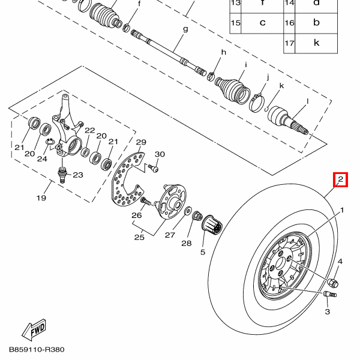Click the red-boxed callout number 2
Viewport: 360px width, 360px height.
(340, 179)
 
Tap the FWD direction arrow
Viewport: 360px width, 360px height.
(35, 329)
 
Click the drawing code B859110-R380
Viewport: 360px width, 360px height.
(36, 349)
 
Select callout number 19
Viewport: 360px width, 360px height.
(41, 198)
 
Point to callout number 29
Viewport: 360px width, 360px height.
(141, 142)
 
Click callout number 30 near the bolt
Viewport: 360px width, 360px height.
(160, 154)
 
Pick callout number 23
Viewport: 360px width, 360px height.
(77, 175)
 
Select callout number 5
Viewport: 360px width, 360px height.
(203, 252)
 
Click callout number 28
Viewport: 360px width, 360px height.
(187, 243)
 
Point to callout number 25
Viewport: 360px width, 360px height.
(139, 238)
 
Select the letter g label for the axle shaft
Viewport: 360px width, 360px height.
(185, 29)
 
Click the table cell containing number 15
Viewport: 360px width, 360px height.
(236, 23)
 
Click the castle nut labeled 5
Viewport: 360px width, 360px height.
(213, 227)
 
